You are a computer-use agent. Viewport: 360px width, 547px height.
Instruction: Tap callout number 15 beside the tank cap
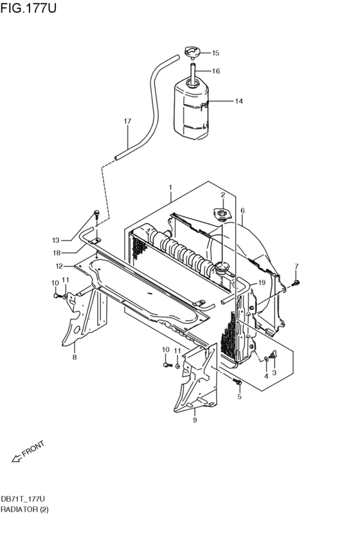click(x=215, y=53)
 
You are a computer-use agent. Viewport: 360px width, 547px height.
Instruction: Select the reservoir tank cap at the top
click(x=192, y=52)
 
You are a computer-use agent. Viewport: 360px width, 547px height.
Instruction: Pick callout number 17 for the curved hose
click(x=127, y=121)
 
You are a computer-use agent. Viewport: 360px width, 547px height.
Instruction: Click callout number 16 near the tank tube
click(x=216, y=71)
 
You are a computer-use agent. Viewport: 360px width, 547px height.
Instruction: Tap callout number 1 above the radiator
click(x=170, y=188)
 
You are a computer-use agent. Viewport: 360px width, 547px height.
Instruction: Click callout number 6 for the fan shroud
click(x=242, y=210)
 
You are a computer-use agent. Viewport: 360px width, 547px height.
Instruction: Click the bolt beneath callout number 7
click(x=296, y=281)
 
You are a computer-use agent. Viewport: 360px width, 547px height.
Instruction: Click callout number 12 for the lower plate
click(x=59, y=265)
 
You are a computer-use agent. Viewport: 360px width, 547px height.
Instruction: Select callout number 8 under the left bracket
click(x=74, y=357)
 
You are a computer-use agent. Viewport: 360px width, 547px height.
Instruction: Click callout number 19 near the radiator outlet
click(x=262, y=283)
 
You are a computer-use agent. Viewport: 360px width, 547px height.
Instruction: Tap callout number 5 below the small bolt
click(x=239, y=397)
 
